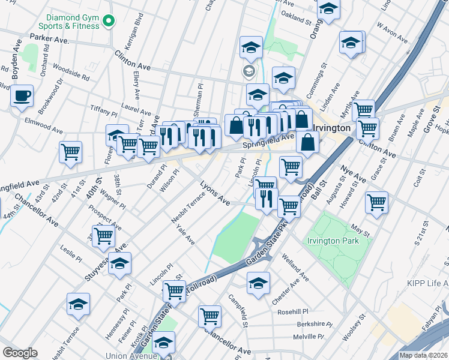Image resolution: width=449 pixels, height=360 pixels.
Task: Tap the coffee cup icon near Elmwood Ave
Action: tap(22, 96)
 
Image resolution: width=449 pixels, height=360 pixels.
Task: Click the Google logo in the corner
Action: tap(20, 353)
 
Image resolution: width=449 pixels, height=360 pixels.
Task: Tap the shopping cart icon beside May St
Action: tap(376, 203)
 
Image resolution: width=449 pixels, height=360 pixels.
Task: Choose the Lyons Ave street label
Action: tap(215, 193)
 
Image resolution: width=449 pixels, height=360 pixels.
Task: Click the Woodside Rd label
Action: tap(71, 73)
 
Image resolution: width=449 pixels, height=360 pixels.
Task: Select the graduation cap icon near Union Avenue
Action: tap(163, 344)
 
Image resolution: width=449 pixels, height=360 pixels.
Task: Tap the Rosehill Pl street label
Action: tap(292, 313)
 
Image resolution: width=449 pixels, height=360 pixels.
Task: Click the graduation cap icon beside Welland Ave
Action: tap(258, 283)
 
